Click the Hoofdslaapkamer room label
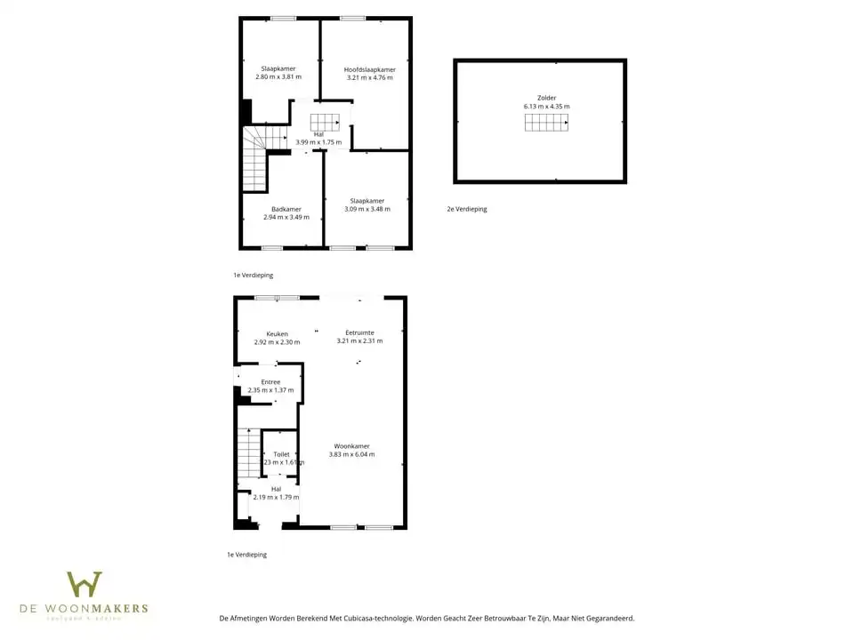tap(370, 69)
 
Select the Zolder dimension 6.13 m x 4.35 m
tap(547, 107)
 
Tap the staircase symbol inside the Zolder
tap(545, 124)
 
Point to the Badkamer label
tap(286, 209)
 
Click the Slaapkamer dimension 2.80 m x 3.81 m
tap(278, 77)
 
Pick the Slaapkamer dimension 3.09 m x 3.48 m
tap(367, 209)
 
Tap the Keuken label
tap(277, 334)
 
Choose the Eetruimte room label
tap(359, 332)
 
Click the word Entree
tap(270, 382)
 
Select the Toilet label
tap(281, 454)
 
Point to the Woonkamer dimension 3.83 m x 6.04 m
tap(352, 454)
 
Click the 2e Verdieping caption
tap(467, 210)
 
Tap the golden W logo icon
tap(85, 585)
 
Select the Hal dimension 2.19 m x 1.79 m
tap(276, 497)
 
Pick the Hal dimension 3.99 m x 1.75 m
tap(318, 142)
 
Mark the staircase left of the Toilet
tap(248, 452)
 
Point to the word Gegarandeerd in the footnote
tap(605, 618)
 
